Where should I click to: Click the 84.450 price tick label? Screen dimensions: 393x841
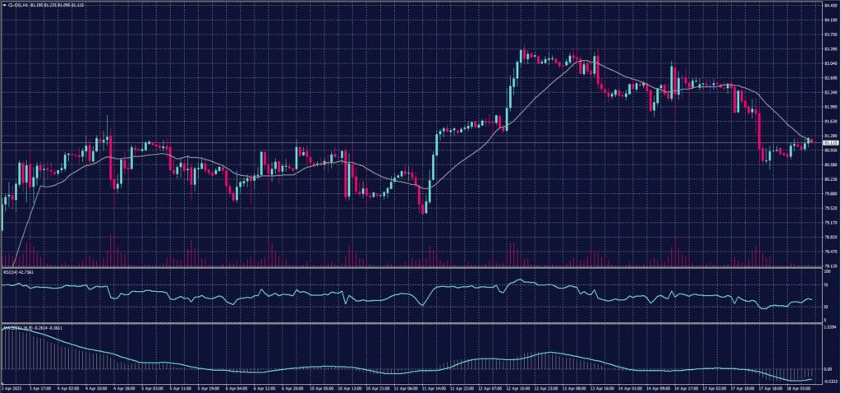829,5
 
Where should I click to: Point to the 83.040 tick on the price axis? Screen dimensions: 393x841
829,63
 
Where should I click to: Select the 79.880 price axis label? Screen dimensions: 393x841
829,193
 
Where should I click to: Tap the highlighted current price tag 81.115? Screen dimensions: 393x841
829,142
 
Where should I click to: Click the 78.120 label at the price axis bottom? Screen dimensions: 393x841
829,266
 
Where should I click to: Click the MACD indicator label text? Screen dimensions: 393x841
10,327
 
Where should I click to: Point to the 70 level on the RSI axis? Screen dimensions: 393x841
825,284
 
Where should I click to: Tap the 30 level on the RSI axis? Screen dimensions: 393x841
825,306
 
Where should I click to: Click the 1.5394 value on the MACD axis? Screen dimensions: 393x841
829,327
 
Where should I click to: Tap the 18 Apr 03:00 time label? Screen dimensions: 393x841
802,386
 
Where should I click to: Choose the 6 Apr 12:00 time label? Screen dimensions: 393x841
264,386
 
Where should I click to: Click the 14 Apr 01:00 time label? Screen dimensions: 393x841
631,386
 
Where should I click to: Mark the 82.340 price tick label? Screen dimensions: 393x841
829,92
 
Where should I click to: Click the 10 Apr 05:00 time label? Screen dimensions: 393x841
319,386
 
